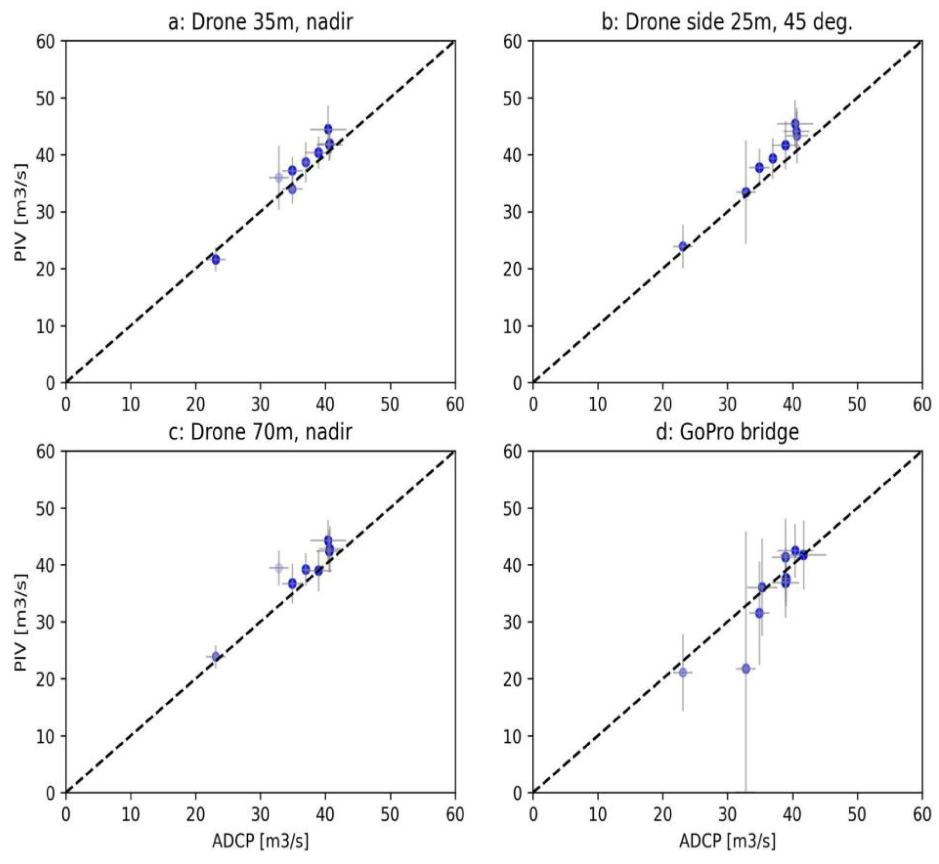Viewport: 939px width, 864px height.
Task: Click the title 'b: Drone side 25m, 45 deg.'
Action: (x=727, y=22)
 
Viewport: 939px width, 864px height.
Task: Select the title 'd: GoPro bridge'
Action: (x=727, y=432)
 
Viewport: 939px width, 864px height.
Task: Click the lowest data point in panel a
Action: (x=215, y=259)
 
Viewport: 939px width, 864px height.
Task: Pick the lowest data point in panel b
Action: (x=683, y=246)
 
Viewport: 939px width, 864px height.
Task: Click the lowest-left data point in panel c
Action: (x=215, y=656)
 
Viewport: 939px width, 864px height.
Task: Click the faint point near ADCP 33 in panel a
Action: (x=279, y=178)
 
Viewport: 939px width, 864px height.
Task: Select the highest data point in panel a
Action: (x=328, y=129)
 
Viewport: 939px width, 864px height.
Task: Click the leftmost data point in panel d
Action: (x=683, y=672)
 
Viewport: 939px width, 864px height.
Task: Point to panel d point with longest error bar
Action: (x=746, y=669)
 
